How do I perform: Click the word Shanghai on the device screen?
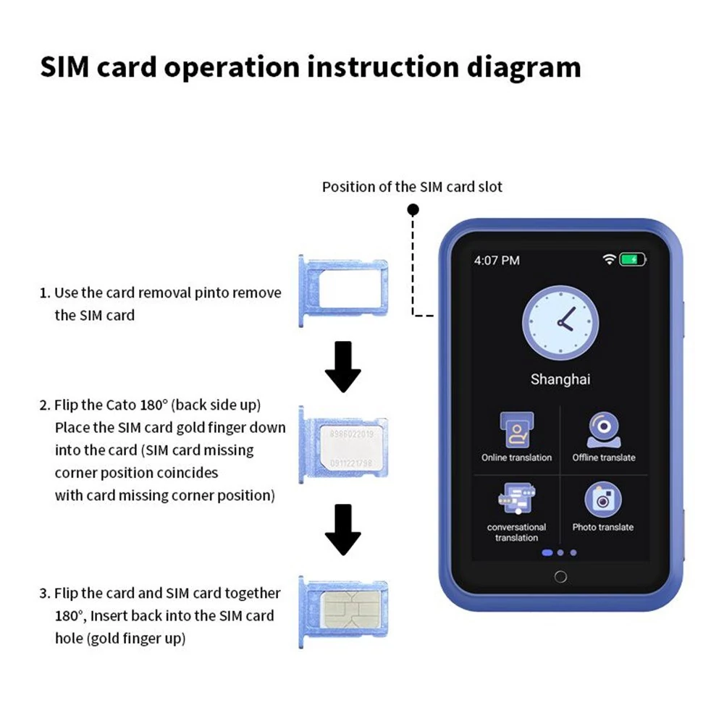click(560, 379)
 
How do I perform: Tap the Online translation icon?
click(517, 429)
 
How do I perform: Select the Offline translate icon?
click(604, 430)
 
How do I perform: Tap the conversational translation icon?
click(517, 499)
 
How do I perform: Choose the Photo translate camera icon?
click(603, 500)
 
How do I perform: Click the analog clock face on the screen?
click(560, 323)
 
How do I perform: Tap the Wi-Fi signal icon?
click(610, 259)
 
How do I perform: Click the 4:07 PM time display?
click(497, 261)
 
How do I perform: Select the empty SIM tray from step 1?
click(343, 290)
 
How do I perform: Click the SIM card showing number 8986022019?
click(351, 448)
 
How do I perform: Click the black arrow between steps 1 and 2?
click(343, 367)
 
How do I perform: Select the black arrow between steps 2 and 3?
click(343, 530)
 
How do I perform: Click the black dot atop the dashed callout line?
click(413, 210)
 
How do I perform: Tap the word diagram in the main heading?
click(523, 67)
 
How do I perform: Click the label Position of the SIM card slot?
click(412, 187)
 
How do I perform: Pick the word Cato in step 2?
click(121, 405)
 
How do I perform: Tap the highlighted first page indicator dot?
click(547, 552)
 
